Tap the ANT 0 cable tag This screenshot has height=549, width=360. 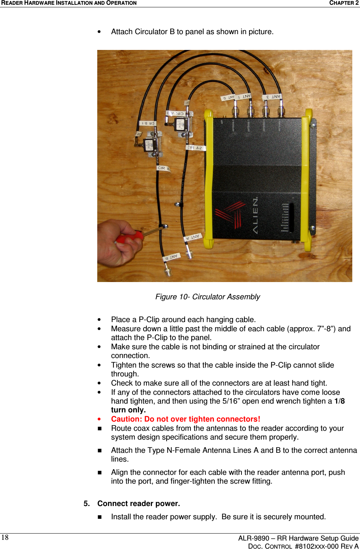pos(228,98)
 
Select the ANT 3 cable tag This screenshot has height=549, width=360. pos(272,97)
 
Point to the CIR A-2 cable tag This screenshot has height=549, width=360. pos(196,148)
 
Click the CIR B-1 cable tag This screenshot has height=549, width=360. pos(148,123)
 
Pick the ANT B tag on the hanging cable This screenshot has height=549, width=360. pos(172,257)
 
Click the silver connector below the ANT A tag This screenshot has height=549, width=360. pos(189,253)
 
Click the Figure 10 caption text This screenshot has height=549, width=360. pos(208,297)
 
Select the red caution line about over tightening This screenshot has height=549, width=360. pos(186,419)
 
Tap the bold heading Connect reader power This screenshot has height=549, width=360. pos(138,503)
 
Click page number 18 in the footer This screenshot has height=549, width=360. pos(5,538)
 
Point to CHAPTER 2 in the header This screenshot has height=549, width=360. pos(343,3)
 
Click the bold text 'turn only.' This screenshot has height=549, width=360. pos(128,410)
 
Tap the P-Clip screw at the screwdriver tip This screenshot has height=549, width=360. pos(164,227)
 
